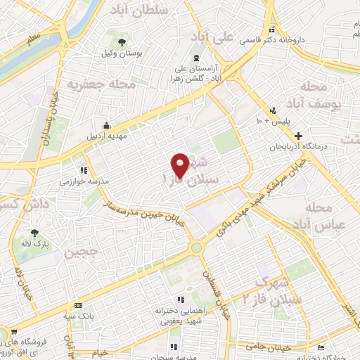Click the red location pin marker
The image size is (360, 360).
tap(181, 165)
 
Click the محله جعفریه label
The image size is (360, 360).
tap(101, 84)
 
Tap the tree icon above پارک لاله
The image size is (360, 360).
tap(34, 233)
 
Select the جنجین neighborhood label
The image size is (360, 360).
tap(82, 251)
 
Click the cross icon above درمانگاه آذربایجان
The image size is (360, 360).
tap(300, 136)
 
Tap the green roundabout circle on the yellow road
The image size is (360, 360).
tap(196, 247)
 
